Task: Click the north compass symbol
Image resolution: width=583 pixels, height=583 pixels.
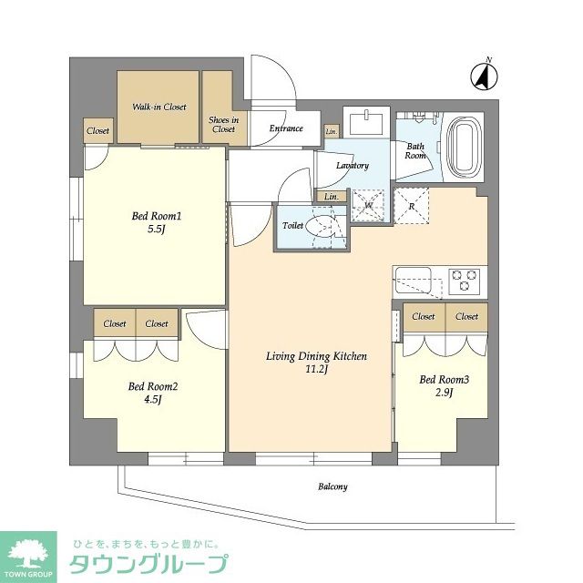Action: click(484, 77)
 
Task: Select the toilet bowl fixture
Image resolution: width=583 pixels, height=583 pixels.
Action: click(322, 226)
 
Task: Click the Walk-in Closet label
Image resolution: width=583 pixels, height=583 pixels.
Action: click(159, 107)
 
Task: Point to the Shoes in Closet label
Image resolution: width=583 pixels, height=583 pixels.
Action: click(223, 125)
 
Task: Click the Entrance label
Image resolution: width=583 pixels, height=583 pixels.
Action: click(286, 128)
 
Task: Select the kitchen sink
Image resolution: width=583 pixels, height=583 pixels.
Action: click(413, 280)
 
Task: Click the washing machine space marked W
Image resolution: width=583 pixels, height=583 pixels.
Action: click(368, 206)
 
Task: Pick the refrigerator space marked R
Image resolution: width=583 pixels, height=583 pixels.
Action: click(411, 206)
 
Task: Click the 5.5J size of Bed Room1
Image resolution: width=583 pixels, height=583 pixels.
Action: click(156, 229)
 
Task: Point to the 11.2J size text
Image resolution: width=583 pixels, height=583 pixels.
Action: click(316, 369)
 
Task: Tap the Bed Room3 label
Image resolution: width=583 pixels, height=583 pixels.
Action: click(444, 379)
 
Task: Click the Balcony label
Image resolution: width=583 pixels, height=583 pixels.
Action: click(332, 486)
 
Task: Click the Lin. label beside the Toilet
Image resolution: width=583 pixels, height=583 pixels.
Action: click(332, 197)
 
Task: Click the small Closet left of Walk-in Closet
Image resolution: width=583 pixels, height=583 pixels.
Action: click(98, 130)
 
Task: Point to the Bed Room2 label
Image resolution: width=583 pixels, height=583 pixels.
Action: click(153, 386)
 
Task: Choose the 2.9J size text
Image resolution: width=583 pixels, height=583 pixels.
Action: click(444, 393)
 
